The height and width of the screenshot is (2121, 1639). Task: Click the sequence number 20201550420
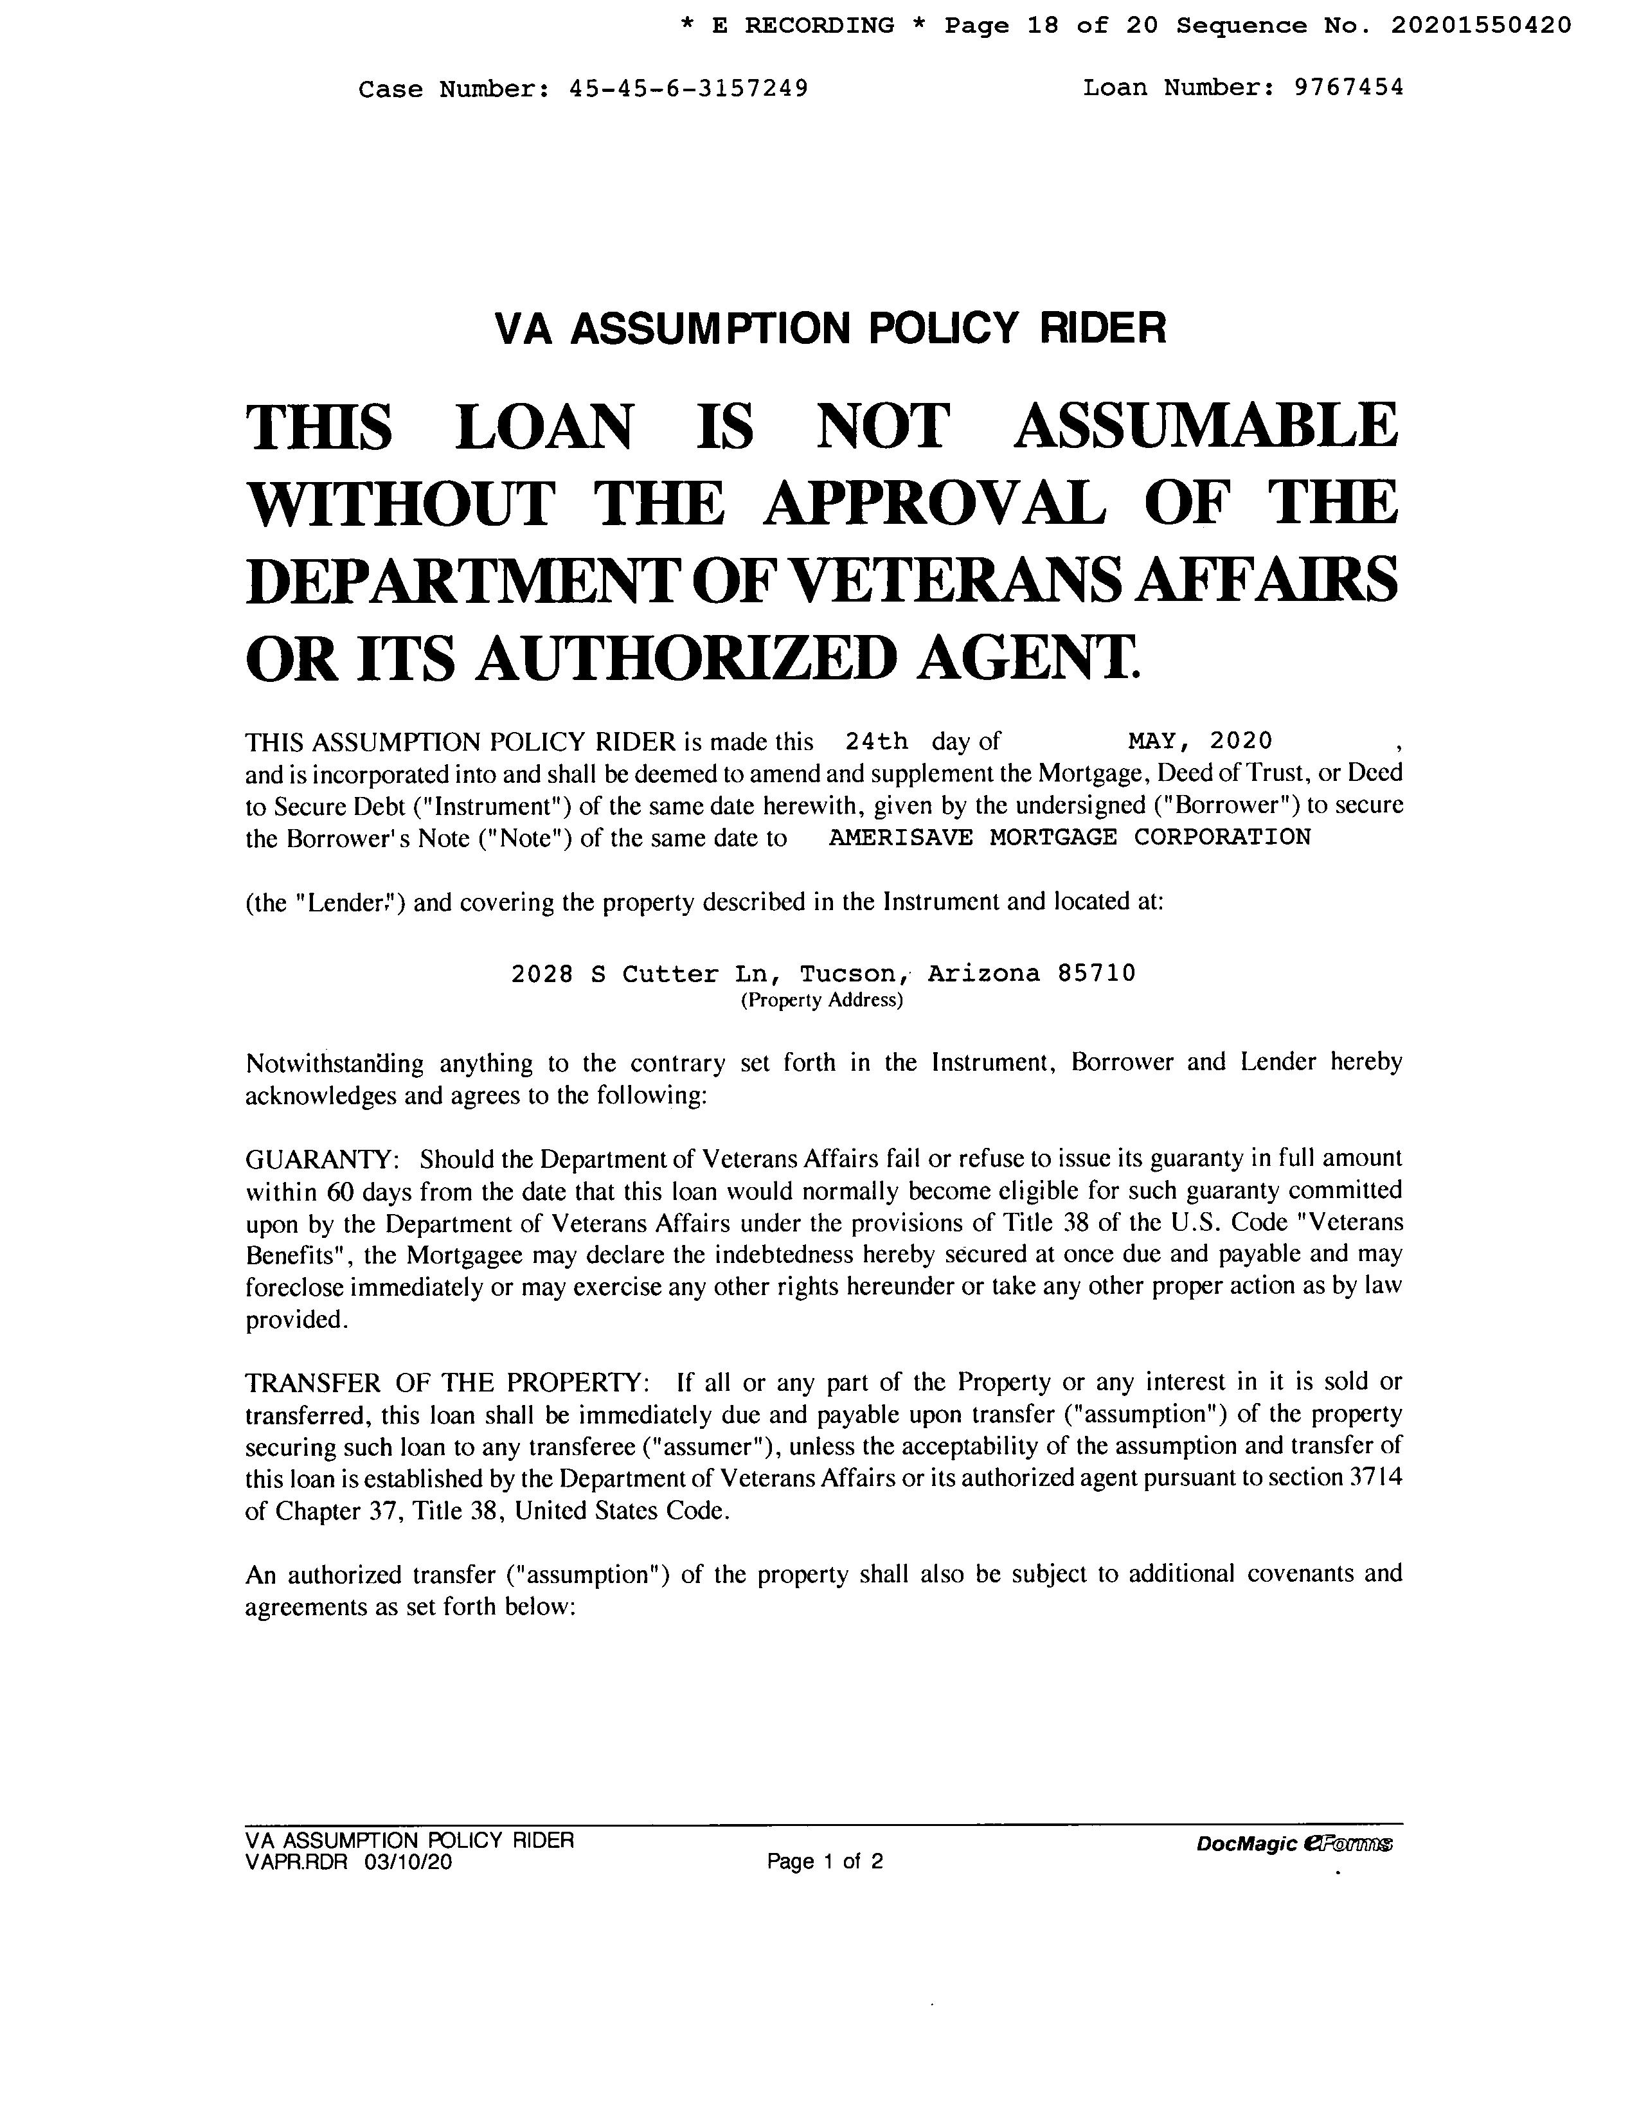pos(1481,25)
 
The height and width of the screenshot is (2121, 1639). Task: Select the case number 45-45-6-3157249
pos(688,89)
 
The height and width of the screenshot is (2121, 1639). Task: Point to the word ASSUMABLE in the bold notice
pos(1205,427)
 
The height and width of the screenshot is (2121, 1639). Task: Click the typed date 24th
pos(876,742)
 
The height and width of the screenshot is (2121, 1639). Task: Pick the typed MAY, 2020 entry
pos(1199,742)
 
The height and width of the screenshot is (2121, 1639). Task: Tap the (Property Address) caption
pos(821,1000)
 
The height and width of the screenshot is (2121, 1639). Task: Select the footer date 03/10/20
pos(409,1862)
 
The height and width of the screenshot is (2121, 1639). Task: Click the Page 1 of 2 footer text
pos(825,1862)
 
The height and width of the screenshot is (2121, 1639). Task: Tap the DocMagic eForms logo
pos(1294,1844)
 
